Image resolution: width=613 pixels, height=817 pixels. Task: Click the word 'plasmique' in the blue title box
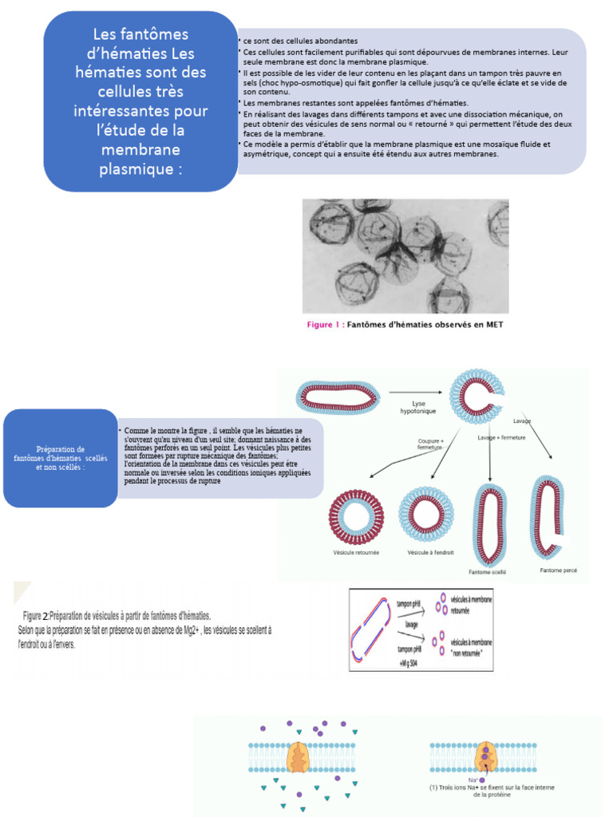140,169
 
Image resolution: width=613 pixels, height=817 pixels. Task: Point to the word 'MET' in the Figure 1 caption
494,325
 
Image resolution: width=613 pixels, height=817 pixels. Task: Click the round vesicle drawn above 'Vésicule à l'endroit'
425,515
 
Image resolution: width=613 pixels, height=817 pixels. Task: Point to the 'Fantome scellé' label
487,571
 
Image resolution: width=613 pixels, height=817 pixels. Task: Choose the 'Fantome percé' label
558,570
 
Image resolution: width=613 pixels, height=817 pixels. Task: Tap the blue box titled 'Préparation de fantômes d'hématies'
61,458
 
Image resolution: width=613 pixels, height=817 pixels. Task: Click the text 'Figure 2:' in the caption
36,616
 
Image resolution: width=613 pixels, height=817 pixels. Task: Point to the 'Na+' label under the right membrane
473,780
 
